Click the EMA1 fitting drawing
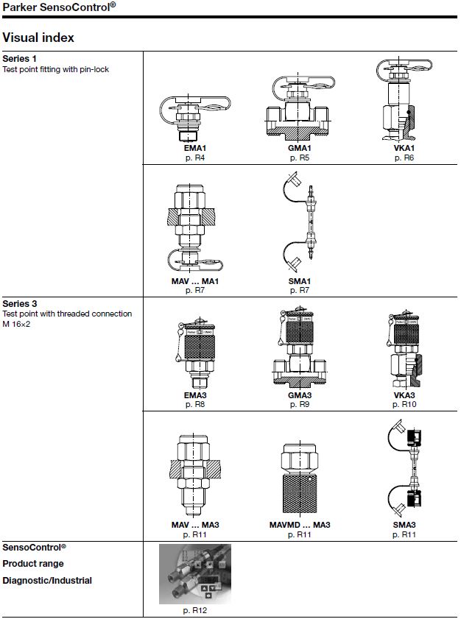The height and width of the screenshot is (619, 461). point(194,118)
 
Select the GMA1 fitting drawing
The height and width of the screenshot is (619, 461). point(299,107)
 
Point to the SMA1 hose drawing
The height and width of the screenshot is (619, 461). point(300,222)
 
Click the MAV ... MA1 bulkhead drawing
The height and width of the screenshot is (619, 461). point(194,228)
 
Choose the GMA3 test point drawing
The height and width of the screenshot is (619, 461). point(299,347)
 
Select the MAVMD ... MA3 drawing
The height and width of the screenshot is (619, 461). point(300,478)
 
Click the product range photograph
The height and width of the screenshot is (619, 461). point(195,574)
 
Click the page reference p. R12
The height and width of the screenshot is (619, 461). point(194,610)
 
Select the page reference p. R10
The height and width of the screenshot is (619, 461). point(404,404)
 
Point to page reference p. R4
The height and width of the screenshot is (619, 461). point(195,158)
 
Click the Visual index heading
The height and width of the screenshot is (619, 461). point(38,38)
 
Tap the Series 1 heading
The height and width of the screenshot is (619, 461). point(19,59)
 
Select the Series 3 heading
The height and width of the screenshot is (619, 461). point(20,303)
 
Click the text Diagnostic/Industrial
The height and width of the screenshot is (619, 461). point(47,580)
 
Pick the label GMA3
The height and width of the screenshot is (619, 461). point(300,395)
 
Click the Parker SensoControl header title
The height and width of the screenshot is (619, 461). point(59,7)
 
